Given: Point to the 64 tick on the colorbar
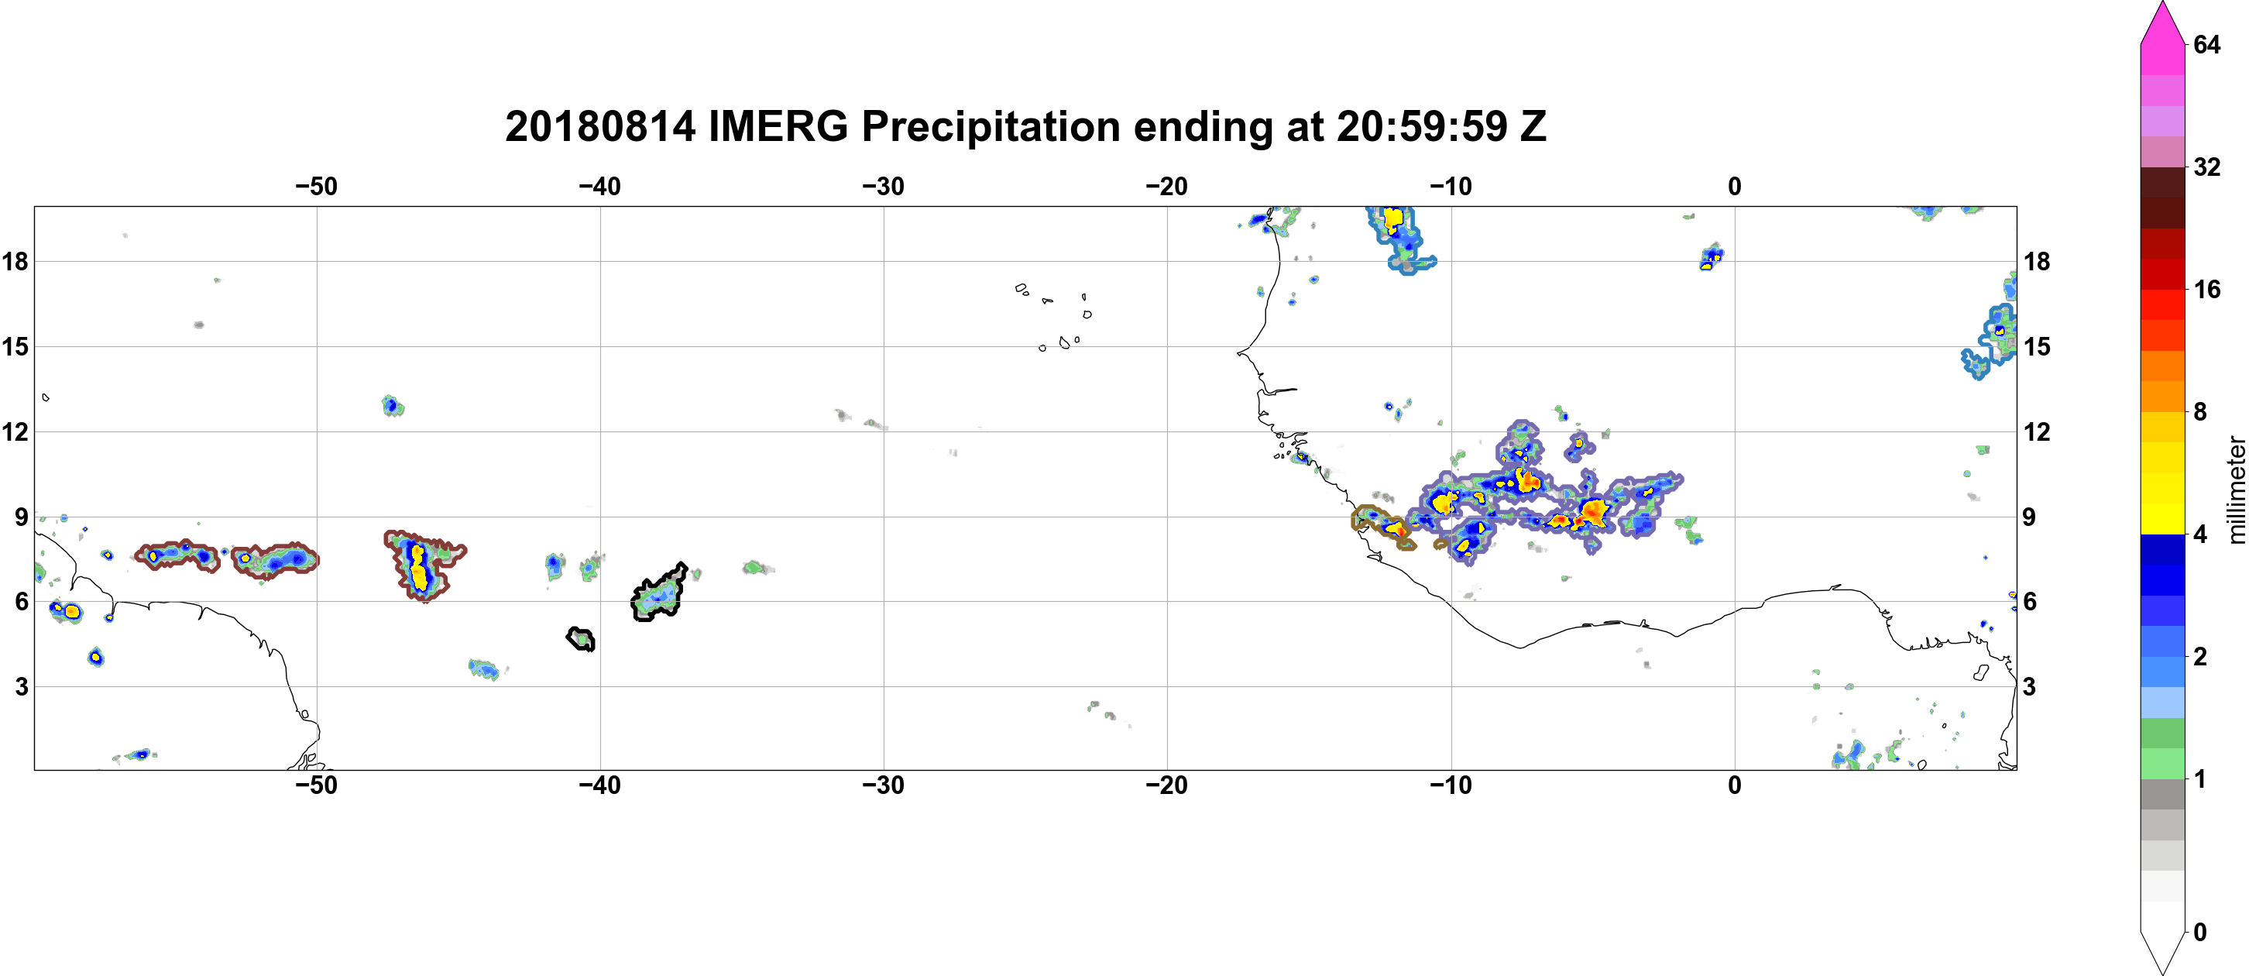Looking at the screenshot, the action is [x=2207, y=44].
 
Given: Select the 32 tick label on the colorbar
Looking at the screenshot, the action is [x=2207, y=167].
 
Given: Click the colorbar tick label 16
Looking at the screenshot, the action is [x=2207, y=289].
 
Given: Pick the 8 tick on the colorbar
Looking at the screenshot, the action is [x=2200, y=411].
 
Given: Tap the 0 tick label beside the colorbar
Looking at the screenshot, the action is [x=2200, y=932].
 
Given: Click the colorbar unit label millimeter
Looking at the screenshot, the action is [x=2236, y=490].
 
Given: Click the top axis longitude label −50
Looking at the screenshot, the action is [x=316, y=187].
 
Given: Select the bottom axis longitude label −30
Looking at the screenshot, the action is [x=884, y=785].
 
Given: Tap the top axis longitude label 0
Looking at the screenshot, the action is [x=1735, y=187].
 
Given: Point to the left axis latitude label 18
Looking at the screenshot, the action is [x=15, y=261].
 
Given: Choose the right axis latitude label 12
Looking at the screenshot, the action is [x=2038, y=431].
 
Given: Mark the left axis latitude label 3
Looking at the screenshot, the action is [x=22, y=686].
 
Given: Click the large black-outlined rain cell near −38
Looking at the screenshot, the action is [x=659, y=593].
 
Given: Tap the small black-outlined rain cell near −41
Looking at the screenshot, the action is [x=582, y=639].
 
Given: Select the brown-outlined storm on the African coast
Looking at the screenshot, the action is [x=1385, y=527].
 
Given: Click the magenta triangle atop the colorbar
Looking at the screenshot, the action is [x=2162, y=22].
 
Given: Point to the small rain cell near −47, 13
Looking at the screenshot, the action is [x=393, y=405].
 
